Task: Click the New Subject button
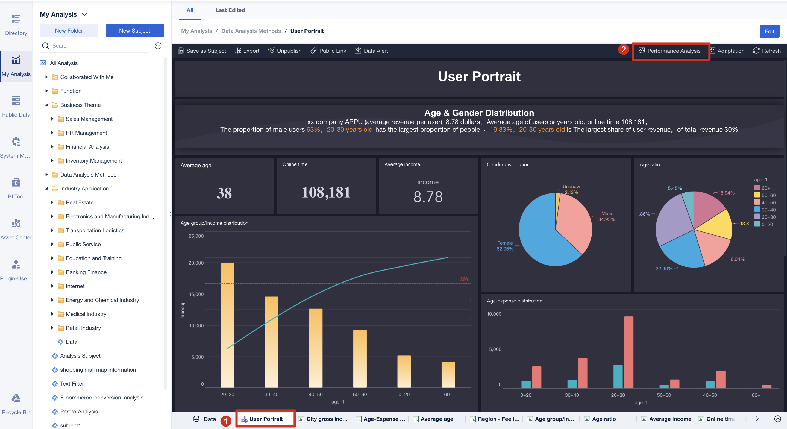134,31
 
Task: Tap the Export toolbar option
247,51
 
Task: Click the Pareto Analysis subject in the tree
79,411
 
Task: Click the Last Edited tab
230,10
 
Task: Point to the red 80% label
464,279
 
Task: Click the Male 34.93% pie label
606,216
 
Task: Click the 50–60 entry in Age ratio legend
768,195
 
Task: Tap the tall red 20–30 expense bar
629,351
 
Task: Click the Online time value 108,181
326,192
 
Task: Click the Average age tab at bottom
436,419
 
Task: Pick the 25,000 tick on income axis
196,236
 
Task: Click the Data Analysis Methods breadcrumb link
251,31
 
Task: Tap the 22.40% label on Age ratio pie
663,268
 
